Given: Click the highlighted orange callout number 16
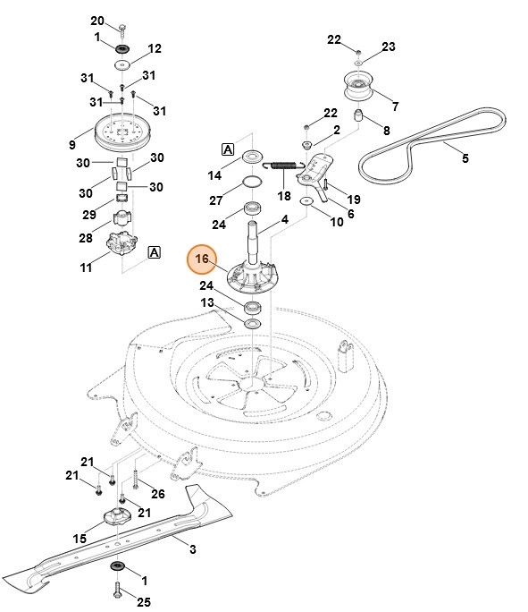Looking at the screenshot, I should tap(202, 259).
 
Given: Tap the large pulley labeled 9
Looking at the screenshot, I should tap(119, 132).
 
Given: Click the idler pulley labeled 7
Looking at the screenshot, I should tap(358, 89).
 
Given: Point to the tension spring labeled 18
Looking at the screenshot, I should tap(283, 166).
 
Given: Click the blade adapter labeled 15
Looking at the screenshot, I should tap(118, 517).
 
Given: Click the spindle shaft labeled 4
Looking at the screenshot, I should tap(256, 239).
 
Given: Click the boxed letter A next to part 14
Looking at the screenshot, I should tap(228, 149).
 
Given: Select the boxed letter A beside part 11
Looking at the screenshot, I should tap(154, 252).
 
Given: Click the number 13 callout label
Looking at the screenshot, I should tap(207, 303).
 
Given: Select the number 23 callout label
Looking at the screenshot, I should tap(389, 47).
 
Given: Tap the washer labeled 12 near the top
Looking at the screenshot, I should tap(121, 65).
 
